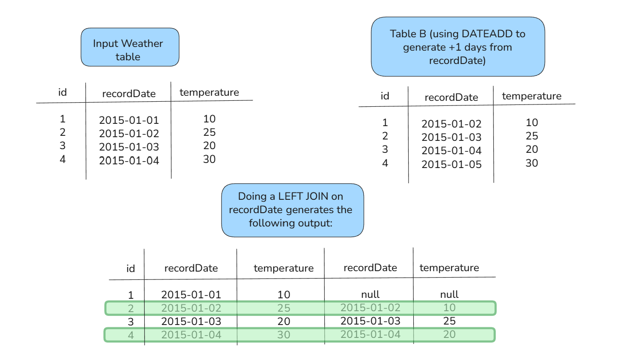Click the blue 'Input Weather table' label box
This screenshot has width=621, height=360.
130,47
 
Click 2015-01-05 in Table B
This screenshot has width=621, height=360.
451,164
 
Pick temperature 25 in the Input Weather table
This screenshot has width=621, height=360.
209,132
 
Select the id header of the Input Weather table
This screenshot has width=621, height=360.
62,92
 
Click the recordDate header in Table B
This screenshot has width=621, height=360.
451,97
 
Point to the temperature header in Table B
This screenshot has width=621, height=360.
532,96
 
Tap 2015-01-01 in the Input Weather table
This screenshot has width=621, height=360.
129,120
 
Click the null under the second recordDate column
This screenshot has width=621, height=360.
370,294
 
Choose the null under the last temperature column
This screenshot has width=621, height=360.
449,294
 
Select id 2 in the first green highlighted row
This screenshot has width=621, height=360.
131,308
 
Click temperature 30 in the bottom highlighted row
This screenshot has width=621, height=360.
284,335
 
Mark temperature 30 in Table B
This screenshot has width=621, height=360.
532,163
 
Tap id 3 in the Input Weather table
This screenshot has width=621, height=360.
62,145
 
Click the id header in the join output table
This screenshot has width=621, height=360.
130,268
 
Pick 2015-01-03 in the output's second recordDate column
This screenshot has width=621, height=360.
370,321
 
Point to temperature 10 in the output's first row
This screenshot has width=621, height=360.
284,295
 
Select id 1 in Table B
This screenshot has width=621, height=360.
385,122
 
